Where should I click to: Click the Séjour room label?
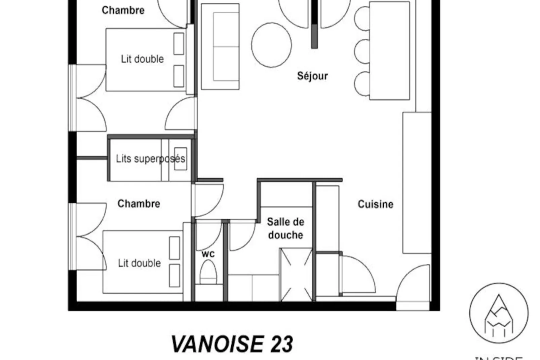point(312,76)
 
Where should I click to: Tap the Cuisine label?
point(375,204)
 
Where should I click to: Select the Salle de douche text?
point(285,228)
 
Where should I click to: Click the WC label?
point(208,254)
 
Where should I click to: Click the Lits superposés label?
point(150,158)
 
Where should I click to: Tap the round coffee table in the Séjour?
point(271,45)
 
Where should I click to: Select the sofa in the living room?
point(220,46)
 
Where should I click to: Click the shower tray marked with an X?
point(296,274)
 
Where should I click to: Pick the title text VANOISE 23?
point(232,344)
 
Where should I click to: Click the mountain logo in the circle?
point(499,313)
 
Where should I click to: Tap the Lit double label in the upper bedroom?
point(142,59)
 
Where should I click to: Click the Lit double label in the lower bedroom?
point(139,263)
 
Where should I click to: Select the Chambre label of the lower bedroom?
point(139,204)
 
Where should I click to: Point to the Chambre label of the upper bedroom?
point(123,10)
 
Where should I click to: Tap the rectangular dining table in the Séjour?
point(389,50)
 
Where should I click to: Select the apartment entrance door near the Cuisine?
point(413,286)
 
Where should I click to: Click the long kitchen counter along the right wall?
point(417,183)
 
